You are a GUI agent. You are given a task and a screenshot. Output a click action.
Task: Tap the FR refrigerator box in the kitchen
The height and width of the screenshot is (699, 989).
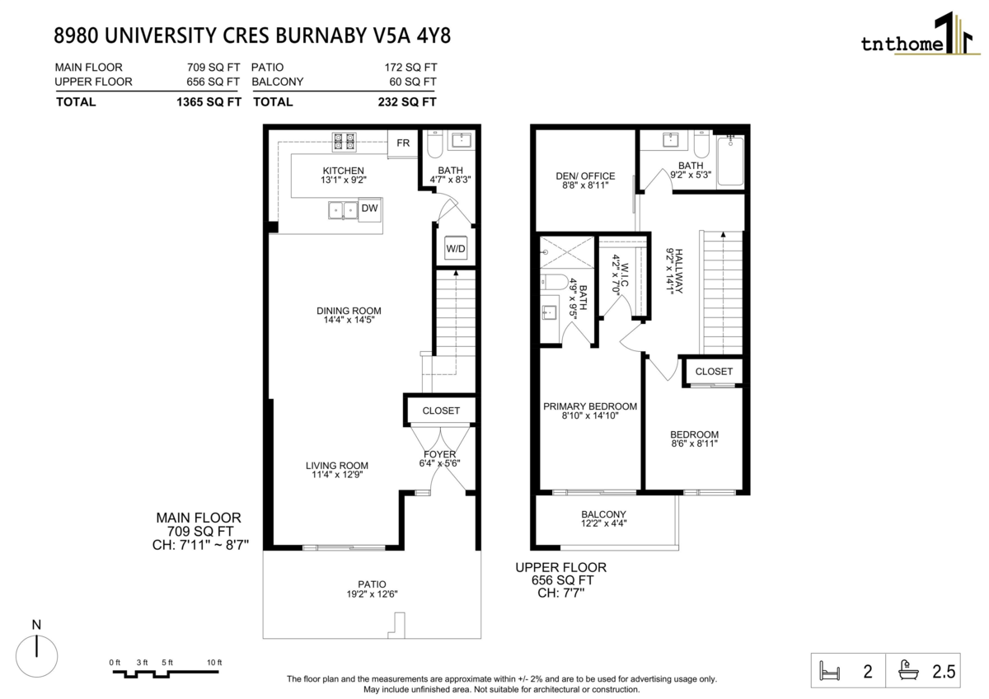pos(403,143)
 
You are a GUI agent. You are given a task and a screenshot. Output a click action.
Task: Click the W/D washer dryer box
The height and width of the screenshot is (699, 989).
pos(456,249)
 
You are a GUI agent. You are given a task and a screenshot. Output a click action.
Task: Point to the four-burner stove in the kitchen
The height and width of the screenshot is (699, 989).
pos(345,142)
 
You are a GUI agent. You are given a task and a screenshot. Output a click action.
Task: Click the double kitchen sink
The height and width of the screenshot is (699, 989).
pos(343,210)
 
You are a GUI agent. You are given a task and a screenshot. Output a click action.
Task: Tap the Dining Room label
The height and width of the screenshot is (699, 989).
pos(349,315)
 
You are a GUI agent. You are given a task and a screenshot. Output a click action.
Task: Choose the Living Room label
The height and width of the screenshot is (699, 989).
pos(337,470)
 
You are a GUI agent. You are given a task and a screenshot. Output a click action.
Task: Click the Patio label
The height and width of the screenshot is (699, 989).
pos(372,589)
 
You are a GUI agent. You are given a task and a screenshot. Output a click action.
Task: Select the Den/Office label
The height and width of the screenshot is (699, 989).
pos(585,181)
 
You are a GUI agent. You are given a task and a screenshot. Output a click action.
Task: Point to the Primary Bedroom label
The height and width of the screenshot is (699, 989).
pos(590,411)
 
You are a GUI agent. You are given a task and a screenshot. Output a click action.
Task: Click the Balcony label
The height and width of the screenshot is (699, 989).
pos(603,518)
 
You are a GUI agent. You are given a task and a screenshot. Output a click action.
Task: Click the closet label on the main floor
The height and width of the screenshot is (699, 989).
pos(441,410)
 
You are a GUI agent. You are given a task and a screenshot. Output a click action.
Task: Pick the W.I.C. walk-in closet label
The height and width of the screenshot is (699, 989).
pos(620,274)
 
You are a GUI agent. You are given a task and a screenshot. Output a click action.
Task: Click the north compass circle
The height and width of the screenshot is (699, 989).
pos(36,656)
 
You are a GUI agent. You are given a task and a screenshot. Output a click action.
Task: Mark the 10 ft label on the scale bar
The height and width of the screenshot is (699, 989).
pos(214,663)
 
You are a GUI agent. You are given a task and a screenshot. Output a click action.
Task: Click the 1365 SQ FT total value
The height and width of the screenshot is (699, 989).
pos(209,102)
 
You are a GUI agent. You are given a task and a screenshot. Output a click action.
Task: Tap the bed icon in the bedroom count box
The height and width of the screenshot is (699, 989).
pos(830,671)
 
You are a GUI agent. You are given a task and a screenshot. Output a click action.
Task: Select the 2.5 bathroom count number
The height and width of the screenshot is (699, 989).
pos(944,672)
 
